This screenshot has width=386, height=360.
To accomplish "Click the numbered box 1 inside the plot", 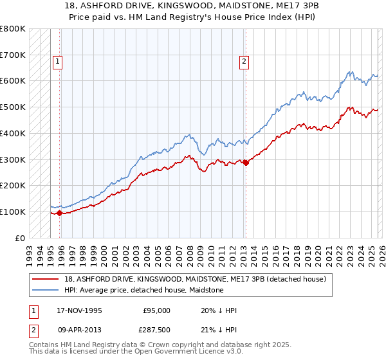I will point(57,62).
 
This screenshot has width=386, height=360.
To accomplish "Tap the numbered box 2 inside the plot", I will point(244,62).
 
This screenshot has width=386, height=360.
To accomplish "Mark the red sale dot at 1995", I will point(60,213).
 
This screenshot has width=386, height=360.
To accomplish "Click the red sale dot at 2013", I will point(246,163).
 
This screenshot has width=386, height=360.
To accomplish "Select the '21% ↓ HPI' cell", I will point(219,330).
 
